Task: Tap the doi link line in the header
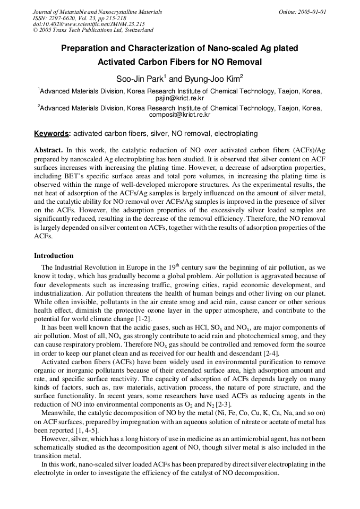tap(89, 24)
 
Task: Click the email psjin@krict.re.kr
tap(179, 98)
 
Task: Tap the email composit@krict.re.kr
tap(179, 114)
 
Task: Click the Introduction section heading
tap(54, 255)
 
